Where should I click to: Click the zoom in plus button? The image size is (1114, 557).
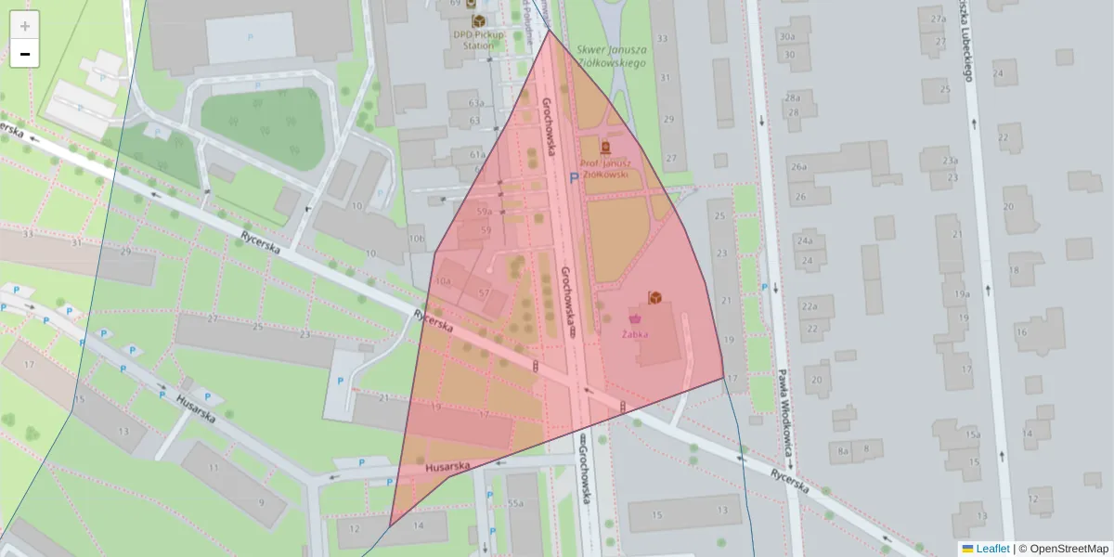coord(25,26)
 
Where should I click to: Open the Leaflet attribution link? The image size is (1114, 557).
coord(992,549)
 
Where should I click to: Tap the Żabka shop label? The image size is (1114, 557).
coord(635,334)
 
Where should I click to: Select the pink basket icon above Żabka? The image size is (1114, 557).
coord(635,318)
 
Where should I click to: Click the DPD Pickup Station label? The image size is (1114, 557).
coord(478,40)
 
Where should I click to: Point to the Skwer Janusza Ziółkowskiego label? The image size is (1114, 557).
coord(610,56)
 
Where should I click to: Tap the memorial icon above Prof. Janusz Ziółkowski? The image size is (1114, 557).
coord(605,148)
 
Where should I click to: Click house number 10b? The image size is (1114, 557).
coord(415,239)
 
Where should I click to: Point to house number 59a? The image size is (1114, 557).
coord(484,213)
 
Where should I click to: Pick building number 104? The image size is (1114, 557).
coord(443,281)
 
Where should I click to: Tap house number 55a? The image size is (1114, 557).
coord(515,503)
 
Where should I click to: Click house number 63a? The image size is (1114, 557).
coord(476,103)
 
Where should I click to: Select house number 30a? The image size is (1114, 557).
coord(787,37)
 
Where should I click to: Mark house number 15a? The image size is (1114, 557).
coord(972,434)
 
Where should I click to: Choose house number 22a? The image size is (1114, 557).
coord(810,306)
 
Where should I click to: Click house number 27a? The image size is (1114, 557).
coord(938,19)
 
